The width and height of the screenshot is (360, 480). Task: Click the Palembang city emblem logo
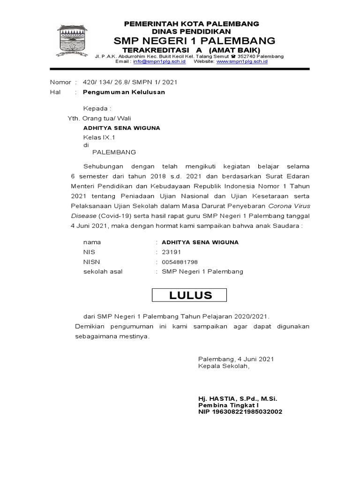point(72,41)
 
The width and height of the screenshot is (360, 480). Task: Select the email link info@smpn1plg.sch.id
point(159,61)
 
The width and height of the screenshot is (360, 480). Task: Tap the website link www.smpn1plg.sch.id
point(242,61)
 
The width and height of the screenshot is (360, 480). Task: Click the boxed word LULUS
point(190,295)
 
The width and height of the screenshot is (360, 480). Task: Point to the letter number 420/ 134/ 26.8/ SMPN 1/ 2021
point(130,82)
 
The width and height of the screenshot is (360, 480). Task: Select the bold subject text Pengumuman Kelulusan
point(124,92)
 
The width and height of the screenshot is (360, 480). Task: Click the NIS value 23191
point(172,252)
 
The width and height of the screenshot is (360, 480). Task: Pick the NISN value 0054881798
point(180,262)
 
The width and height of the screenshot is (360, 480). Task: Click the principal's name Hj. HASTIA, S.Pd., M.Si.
point(238,398)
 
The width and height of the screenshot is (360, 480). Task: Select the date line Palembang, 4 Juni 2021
point(236,359)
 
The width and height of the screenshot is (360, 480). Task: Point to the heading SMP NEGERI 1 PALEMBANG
point(191,40)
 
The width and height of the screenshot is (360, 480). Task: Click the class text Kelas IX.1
point(99,137)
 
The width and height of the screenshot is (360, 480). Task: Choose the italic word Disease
point(83,216)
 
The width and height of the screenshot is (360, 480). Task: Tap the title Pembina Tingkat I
point(228,405)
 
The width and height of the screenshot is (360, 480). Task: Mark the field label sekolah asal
point(103,271)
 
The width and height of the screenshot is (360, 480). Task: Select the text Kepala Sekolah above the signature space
point(224,366)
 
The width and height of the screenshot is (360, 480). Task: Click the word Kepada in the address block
point(96,109)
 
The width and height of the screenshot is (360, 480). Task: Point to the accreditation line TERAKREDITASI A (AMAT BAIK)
point(191,50)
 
